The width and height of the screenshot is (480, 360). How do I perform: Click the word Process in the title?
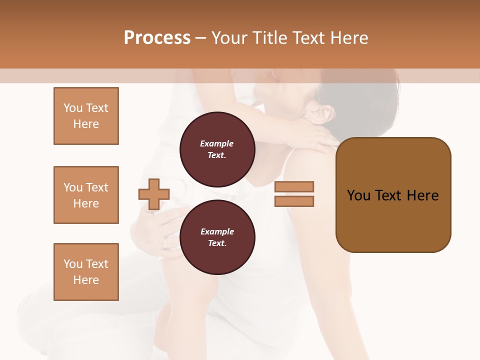pos(157,38)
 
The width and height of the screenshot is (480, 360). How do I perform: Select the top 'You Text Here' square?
pos(86,116)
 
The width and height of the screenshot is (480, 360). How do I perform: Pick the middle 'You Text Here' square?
pos(86,195)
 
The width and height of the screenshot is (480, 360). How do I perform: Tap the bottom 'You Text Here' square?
pos(86,271)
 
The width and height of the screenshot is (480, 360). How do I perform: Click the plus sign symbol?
pos(154,194)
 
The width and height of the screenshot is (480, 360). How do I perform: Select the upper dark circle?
pos(217,149)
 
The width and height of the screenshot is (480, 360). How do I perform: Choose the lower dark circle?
pos(217,237)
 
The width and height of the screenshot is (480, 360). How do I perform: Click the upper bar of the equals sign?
pos(294,186)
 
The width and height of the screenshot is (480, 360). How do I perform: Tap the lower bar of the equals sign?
pos(294,201)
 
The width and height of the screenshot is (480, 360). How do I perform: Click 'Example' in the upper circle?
pos(217,143)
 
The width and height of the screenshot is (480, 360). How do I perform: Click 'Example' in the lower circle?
pos(217,231)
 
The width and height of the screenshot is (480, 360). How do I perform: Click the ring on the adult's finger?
pos(166,243)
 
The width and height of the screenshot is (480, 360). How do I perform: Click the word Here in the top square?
pos(86,124)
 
